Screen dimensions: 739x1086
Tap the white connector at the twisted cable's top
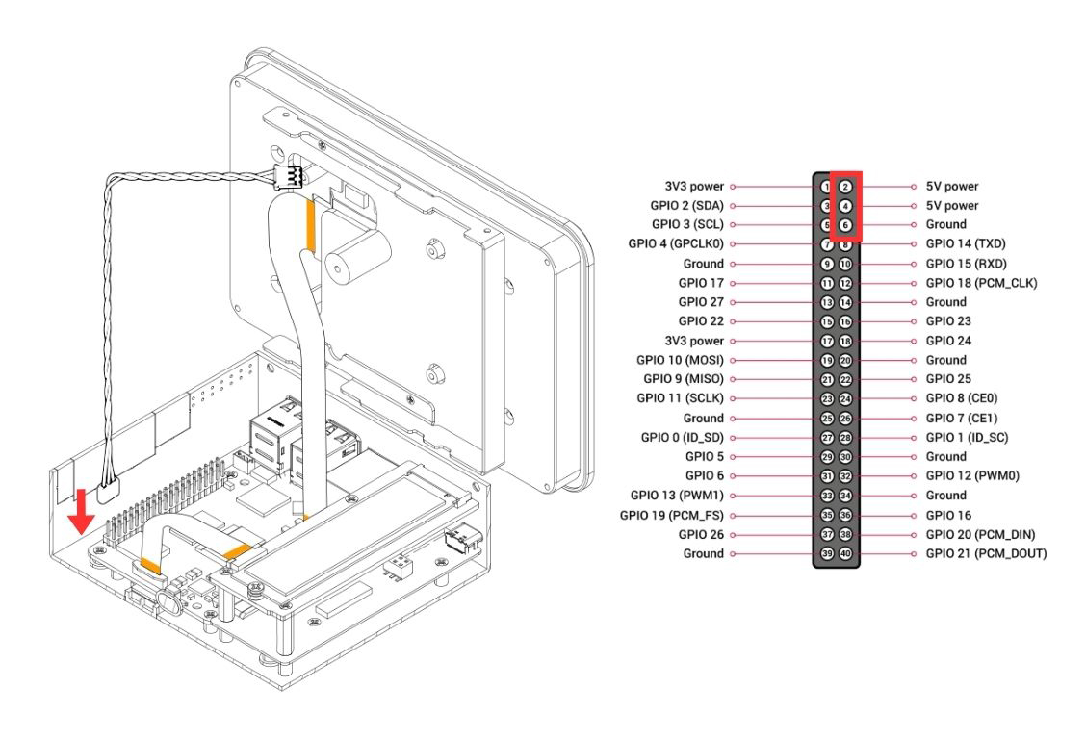pos(288,176)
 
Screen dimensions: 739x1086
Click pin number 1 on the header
pos(826,187)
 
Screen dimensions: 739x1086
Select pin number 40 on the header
pos(844,553)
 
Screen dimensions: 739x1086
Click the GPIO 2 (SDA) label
pos(686,206)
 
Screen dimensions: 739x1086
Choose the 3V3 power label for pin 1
pos(694,187)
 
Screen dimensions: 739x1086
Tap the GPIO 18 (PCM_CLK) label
pos(981,283)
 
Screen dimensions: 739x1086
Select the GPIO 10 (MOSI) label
pos(681,360)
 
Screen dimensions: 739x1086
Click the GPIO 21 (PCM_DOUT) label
pos(985,553)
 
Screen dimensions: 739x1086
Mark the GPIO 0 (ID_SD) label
pos(682,438)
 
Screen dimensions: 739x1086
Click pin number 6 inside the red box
pos(844,225)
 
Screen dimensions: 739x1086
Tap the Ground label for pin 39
pos(703,553)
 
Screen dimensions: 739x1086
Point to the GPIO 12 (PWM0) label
pos(973,476)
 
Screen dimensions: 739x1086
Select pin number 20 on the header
pos(844,360)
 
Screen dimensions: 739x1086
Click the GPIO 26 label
pos(701,534)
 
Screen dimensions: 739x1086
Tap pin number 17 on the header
pos(826,341)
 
